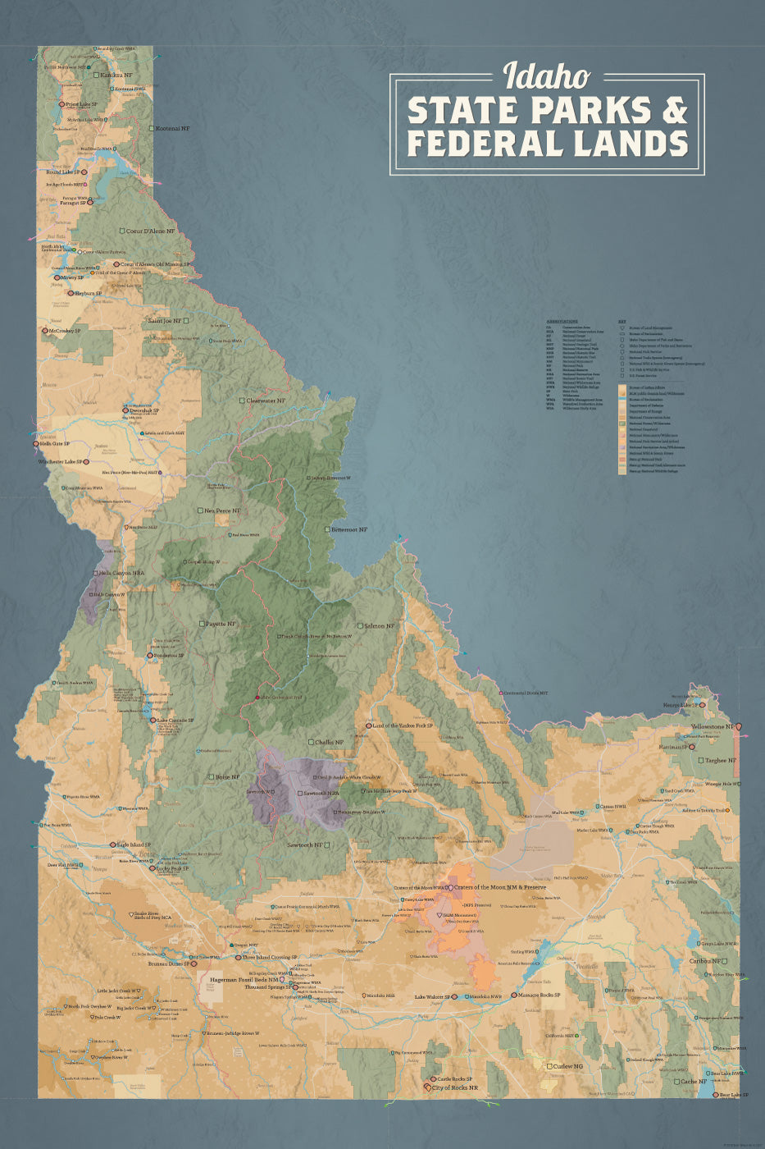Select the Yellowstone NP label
(712, 727)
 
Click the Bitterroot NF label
(348, 529)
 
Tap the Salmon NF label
(374, 625)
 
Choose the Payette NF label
(220, 624)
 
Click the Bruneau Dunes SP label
(168, 964)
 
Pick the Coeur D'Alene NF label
(149, 231)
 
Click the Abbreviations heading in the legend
(562, 322)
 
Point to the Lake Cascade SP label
(175, 721)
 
